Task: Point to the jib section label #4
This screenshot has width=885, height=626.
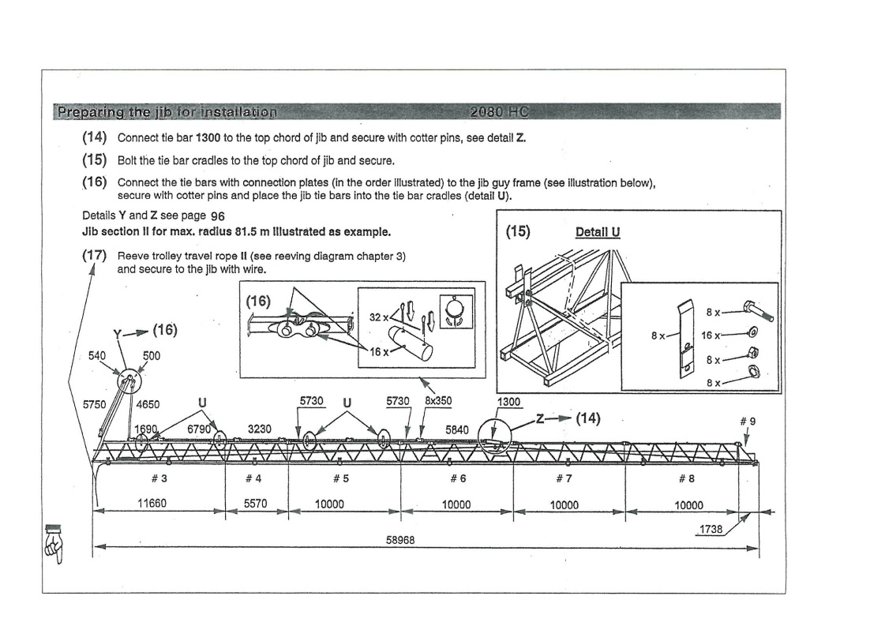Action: [253, 478]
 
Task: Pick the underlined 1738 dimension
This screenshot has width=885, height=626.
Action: [711, 529]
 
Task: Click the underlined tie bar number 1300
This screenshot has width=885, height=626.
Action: [508, 402]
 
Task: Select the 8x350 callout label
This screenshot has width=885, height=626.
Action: [438, 400]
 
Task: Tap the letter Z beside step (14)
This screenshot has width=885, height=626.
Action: [541, 418]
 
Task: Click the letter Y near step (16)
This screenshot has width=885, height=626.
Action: [118, 333]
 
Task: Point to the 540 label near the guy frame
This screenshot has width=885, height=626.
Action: [96, 356]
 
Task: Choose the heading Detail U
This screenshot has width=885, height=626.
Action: [598, 232]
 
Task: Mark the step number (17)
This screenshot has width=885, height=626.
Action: [95, 256]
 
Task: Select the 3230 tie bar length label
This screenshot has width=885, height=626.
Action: [260, 429]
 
